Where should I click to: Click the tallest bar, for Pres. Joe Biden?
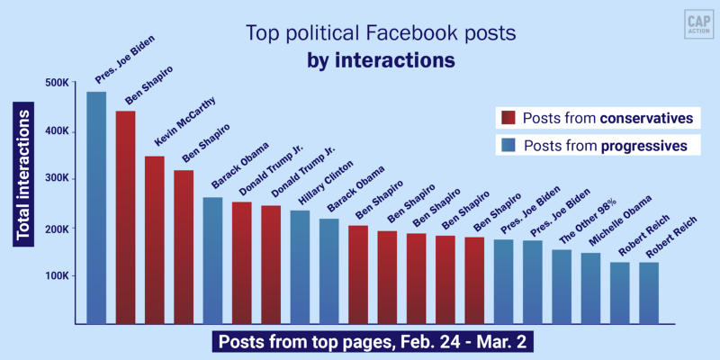[x=96, y=207]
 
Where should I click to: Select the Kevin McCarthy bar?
[x=155, y=239]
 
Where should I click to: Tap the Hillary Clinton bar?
[x=301, y=266]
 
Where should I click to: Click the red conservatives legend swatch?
[x=508, y=118]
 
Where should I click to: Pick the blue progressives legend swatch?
[x=508, y=145]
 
